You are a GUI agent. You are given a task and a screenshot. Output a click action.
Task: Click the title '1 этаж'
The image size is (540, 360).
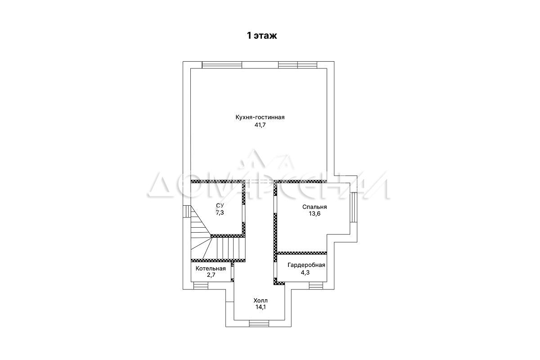(x=262, y=36)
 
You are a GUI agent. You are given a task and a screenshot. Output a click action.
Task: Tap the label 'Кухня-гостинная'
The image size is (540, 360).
(x=260, y=117)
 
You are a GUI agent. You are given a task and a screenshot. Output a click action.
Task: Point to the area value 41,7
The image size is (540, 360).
(x=260, y=125)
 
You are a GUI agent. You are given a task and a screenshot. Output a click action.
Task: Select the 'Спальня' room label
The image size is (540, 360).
(x=315, y=207)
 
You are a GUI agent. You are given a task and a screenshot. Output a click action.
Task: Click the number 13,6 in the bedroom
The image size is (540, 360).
(x=315, y=214)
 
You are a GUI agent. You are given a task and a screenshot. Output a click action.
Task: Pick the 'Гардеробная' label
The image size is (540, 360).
(x=306, y=265)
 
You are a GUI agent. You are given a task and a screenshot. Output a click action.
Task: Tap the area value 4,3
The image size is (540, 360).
(x=305, y=272)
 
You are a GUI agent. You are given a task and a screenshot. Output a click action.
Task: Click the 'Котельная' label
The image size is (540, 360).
(x=211, y=269)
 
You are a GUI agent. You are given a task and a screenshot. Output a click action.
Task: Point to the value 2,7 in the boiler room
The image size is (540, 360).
(x=211, y=275)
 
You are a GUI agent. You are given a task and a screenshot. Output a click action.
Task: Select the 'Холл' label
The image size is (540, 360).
(x=261, y=301)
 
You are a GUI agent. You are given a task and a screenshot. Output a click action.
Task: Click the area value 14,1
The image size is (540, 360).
(x=261, y=307)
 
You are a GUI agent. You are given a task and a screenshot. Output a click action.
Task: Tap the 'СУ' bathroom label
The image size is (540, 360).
(x=220, y=206)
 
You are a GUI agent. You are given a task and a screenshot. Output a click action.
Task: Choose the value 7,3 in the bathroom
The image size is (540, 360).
(x=220, y=212)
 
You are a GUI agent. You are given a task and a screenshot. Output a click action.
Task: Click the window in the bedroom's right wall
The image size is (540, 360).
(x=353, y=207)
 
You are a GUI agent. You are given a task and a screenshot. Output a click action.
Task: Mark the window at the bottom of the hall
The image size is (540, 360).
(x=259, y=324)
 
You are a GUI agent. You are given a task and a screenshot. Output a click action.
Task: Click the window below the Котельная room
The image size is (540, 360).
(x=201, y=286)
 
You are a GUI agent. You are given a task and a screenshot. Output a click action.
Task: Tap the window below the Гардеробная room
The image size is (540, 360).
(x=316, y=286)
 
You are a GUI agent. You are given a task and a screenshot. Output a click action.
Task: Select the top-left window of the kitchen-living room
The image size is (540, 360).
(x=222, y=65)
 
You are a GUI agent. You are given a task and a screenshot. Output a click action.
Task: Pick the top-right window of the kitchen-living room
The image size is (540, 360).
(x=297, y=65)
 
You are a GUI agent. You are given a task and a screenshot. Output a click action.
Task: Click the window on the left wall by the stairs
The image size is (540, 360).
(x=187, y=211)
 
